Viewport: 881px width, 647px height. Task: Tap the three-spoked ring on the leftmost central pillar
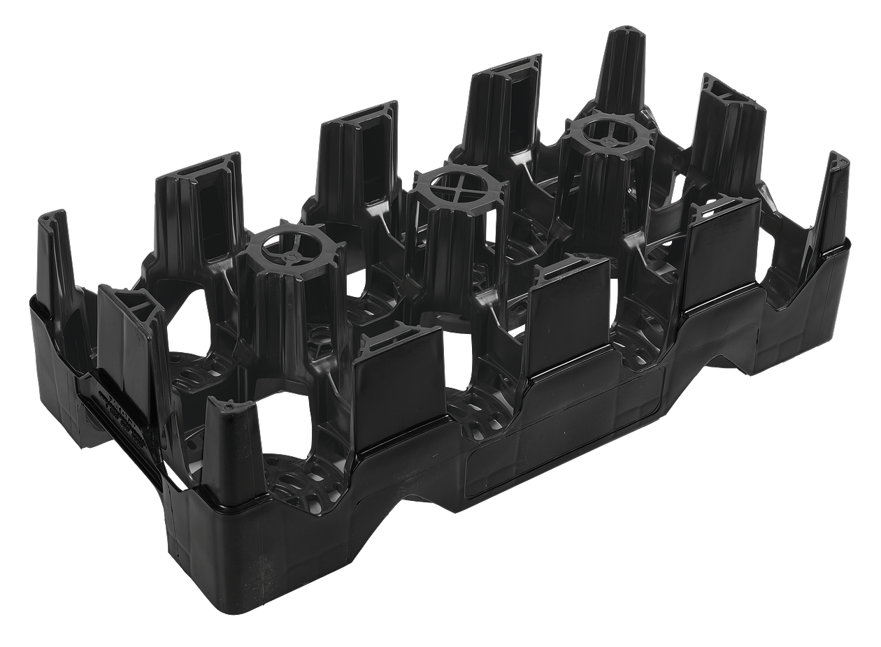click(x=289, y=246)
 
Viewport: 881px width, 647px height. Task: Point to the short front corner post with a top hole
click(x=227, y=440)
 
